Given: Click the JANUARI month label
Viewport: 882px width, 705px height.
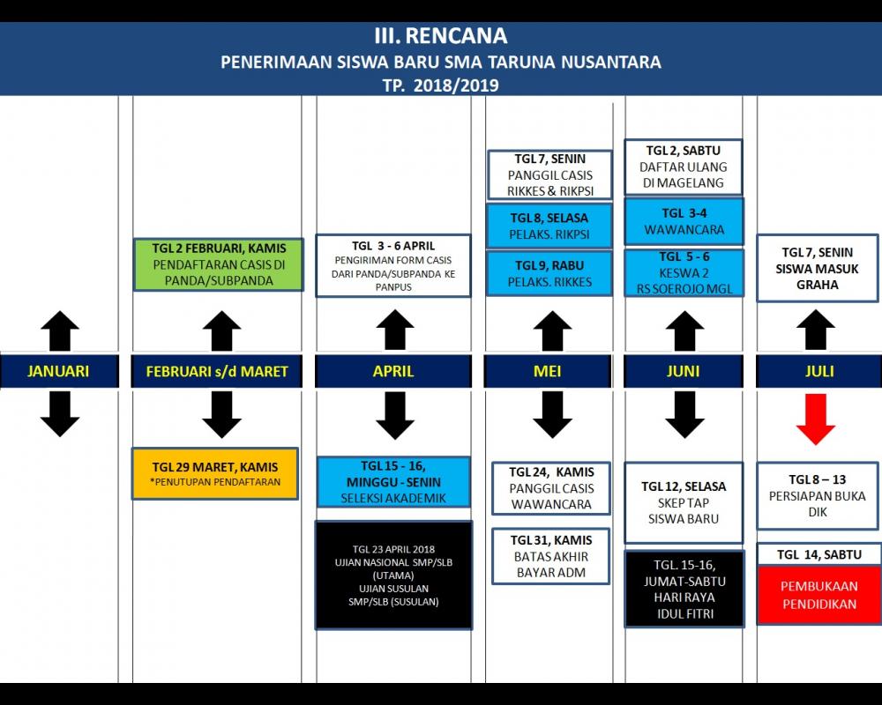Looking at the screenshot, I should click(x=59, y=371).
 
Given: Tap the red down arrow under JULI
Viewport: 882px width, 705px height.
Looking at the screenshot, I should click(x=815, y=419).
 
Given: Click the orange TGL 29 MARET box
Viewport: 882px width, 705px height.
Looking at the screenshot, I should click(x=215, y=474).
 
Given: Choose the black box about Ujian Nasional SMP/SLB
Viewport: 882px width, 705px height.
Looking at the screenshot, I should click(x=393, y=575).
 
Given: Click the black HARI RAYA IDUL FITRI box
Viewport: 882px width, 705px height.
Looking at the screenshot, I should click(x=684, y=588).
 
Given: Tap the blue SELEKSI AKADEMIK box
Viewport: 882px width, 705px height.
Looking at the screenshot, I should click(x=393, y=482).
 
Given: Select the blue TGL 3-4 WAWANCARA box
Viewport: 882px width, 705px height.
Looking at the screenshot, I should click(x=684, y=221).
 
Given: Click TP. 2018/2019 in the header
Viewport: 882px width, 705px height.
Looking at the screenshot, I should click(x=441, y=85).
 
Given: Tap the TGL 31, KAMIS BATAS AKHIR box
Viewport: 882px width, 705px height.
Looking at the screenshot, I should click(x=551, y=556).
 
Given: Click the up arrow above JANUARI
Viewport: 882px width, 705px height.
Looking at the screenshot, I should click(x=59, y=331).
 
